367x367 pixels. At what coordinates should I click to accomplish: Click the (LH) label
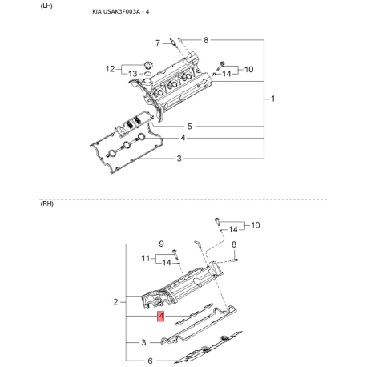(x=46, y=6)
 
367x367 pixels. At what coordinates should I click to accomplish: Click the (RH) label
(x=46, y=204)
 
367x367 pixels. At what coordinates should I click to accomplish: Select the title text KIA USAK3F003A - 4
(x=121, y=11)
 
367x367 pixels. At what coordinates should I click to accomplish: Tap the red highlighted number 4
(x=161, y=317)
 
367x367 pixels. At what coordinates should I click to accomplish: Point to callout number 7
(x=158, y=42)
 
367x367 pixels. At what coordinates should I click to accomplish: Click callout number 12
(x=110, y=69)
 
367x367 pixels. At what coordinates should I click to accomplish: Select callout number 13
(x=132, y=74)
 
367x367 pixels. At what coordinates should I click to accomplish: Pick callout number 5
(x=190, y=127)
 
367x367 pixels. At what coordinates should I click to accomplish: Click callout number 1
(x=272, y=99)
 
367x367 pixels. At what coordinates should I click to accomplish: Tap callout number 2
(x=115, y=302)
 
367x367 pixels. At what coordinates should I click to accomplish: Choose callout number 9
(x=161, y=244)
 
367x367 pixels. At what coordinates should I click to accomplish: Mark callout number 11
(x=146, y=258)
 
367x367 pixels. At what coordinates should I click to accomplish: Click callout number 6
(x=150, y=361)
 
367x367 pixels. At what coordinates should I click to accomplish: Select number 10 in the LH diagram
(x=248, y=70)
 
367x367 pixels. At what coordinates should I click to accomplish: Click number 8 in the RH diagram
(x=234, y=244)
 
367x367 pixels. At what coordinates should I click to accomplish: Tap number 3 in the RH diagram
(x=143, y=342)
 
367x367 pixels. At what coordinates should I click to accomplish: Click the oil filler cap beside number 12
(x=147, y=65)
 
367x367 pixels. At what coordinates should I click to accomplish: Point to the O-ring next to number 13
(x=147, y=74)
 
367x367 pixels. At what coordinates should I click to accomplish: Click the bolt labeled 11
(x=175, y=254)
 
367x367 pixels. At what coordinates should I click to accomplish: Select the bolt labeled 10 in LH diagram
(x=221, y=65)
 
